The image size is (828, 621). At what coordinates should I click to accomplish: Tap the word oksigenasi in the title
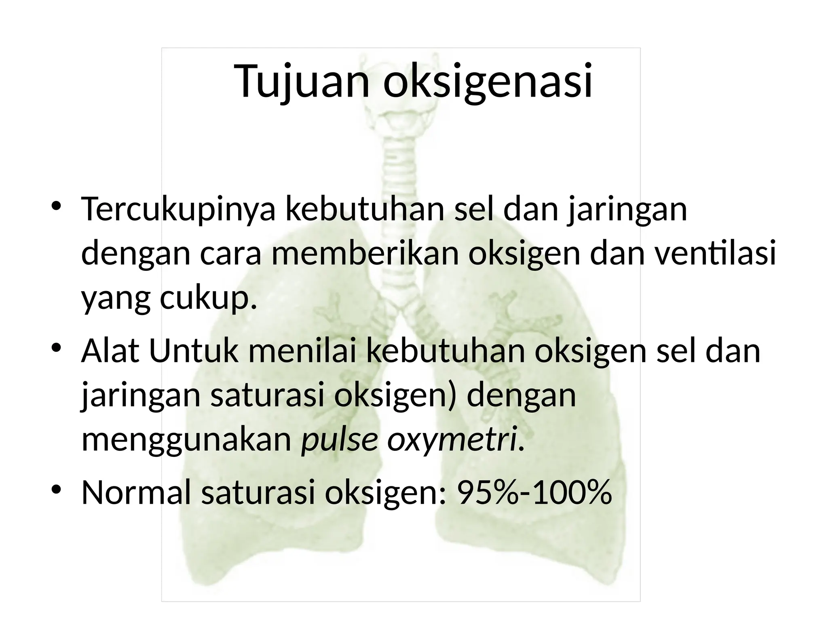pos(488,81)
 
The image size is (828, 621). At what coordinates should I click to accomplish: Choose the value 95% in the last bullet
pos(487,493)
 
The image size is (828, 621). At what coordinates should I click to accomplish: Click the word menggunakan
pos(186,441)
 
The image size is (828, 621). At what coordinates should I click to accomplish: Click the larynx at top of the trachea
pos(404,117)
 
